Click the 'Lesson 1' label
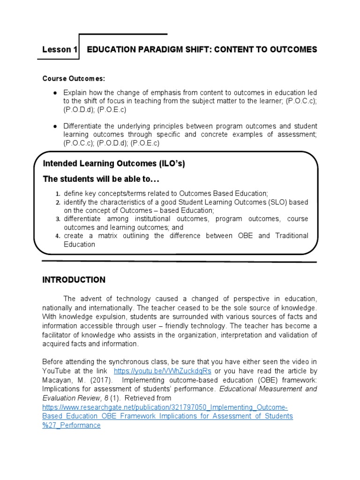coord(60,50)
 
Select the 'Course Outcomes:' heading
coord(74,78)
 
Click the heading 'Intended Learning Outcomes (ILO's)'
coord(117,164)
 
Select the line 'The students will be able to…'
coord(101,179)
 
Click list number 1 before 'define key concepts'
coord(58,194)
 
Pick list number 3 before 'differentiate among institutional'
coord(58,219)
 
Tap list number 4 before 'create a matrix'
coord(58,236)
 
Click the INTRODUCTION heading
coord(74,280)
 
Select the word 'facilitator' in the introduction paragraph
coord(59,335)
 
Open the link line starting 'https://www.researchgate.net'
coord(165,407)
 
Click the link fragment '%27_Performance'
coord(71,425)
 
